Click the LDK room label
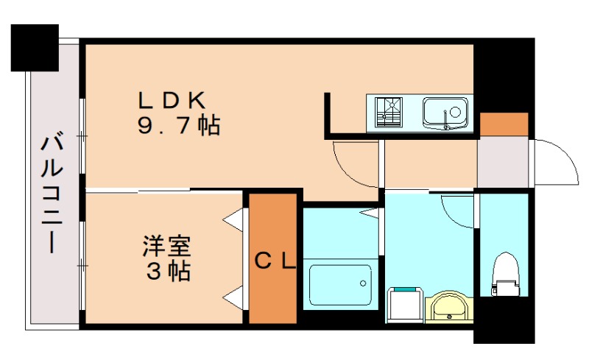[175, 99]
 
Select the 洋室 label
[167, 246]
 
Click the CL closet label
[275, 261]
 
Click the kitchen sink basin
[446, 113]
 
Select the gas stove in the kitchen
[388, 113]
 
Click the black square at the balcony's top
[35, 48]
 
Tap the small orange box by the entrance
[504, 124]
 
